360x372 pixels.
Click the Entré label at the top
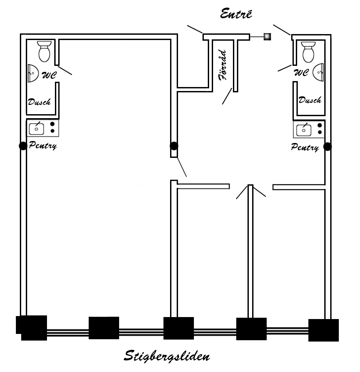tap(236, 14)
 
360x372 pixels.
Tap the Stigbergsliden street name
tap(167, 356)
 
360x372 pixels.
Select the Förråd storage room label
tap(222, 65)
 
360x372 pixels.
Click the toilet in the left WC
tap(44, 52)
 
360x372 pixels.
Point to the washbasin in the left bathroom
tap(33, 73)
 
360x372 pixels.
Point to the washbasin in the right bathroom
tap(318, 72)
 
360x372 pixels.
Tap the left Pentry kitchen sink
tap(36, 129)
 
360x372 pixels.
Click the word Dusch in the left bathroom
tap(39, 102)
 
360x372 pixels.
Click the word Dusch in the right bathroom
tap(310, 100)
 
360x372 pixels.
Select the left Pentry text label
tap(43, 145)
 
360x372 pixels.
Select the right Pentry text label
tap(305, 147)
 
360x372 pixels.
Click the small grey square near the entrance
tap(267, 36)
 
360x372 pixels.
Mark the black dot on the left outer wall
tap(23, 146)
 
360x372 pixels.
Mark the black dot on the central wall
tap(174, 146)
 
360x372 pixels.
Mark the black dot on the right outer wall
tap(328, 147)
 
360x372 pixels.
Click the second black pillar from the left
tap(104, 328)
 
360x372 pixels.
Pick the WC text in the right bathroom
tap(301, 72)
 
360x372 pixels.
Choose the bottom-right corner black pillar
tap(324, 330)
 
